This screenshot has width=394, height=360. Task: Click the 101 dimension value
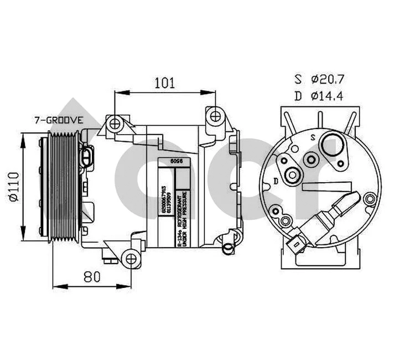(x=164, y=83)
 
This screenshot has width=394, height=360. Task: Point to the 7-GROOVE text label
(x=58, y=120)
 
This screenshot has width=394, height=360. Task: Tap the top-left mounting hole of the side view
(x=115, y=123)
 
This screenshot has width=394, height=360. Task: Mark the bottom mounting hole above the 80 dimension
(x=131, y=258)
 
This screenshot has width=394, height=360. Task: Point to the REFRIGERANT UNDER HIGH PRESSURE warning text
(x=182, y=219)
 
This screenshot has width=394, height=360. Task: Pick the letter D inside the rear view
(x=276, y=180)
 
